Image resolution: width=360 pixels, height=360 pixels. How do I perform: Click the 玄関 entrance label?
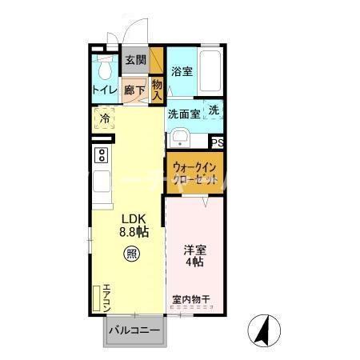[135, 60]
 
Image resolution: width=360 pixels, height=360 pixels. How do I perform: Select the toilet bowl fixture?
[102, 66]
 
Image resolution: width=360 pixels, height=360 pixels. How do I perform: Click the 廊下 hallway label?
[134, 90]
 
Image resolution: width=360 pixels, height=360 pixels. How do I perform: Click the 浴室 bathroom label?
[182, 71]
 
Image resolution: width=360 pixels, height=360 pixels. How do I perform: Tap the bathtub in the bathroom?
[210, 70]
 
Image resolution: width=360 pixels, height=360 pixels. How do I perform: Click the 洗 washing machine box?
[214, 110]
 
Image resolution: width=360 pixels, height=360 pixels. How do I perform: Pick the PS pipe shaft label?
[216, 142]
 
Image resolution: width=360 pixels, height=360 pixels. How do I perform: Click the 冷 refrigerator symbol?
[104, 119]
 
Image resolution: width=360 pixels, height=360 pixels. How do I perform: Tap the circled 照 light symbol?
[130, 255]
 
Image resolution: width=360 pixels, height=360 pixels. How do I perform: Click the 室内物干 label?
[190, 300]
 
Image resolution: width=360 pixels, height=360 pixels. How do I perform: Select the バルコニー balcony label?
[133, 329]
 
